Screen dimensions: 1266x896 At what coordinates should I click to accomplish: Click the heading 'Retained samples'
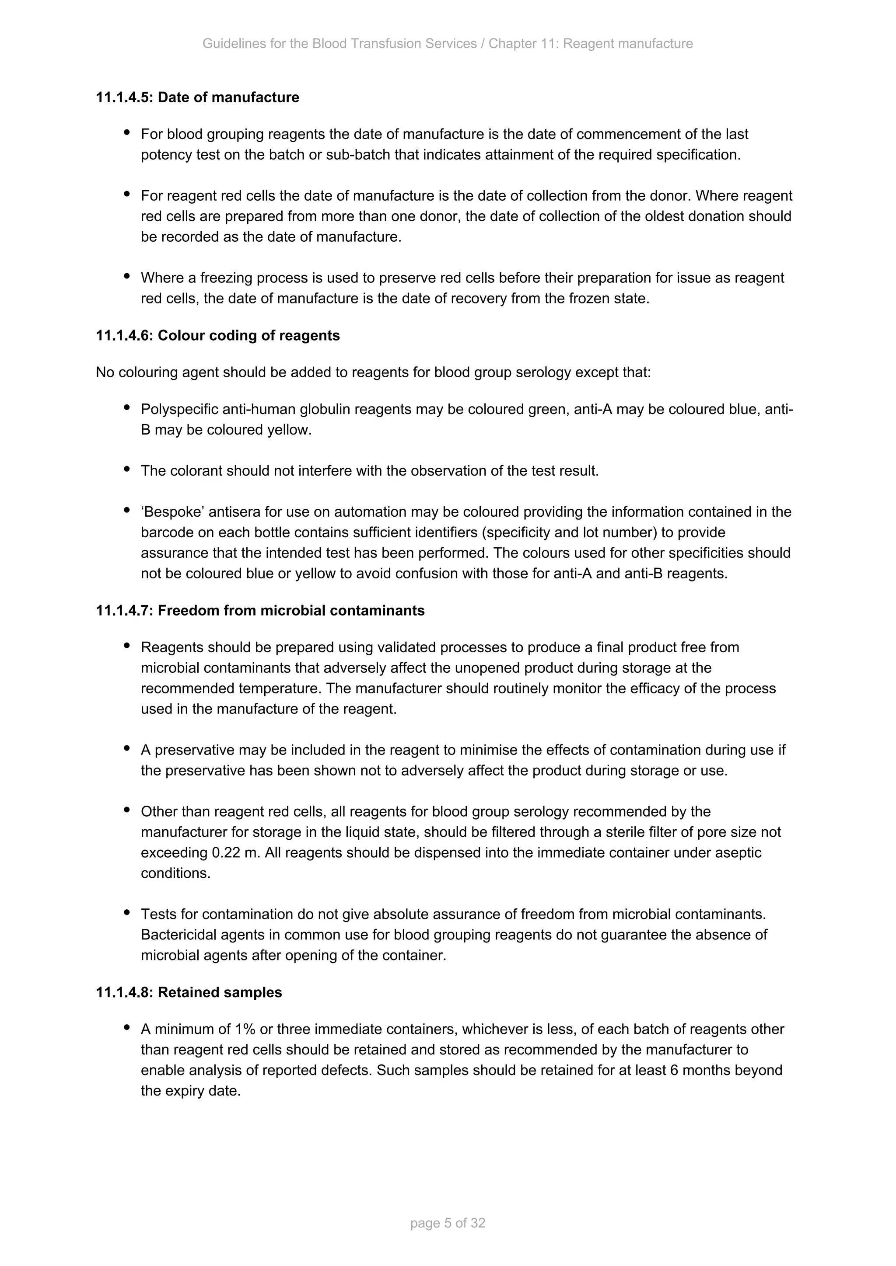[x=220, y=992]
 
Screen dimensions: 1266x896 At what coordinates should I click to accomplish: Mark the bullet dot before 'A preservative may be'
[x=127, y=748]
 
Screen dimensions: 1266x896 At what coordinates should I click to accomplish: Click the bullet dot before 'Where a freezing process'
[x=127, y=276]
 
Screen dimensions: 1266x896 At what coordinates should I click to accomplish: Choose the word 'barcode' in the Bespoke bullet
[x=165, y=532]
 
